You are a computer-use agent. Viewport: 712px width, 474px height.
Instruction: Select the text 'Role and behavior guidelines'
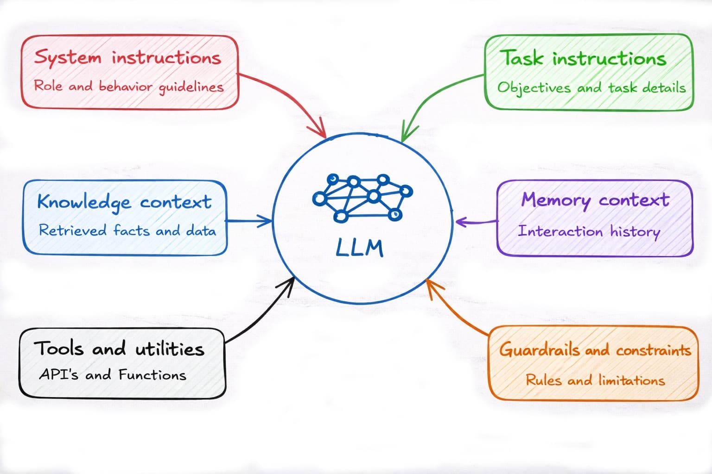coord(128,87)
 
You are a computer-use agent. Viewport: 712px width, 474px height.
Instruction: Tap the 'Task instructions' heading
coord(583,59)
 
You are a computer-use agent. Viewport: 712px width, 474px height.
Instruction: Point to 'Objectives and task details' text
coord(591,87)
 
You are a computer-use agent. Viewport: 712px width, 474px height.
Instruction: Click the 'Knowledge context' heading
coord(124,202)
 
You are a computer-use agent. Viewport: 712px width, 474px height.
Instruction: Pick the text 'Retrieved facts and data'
coord(127,230)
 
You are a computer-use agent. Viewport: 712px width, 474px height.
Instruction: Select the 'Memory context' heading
coord(595,200)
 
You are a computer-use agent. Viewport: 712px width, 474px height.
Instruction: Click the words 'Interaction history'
coord(589,231)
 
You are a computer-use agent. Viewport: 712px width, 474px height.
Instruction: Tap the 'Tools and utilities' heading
coord(119,348)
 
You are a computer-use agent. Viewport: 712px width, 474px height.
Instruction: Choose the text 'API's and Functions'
coord(113,374)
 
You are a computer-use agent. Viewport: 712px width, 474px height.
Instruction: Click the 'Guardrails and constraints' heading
coord(595,349)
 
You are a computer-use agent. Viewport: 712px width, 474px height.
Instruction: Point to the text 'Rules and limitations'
coord(595,380)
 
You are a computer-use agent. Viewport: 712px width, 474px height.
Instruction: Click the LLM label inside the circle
coord(360,249)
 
